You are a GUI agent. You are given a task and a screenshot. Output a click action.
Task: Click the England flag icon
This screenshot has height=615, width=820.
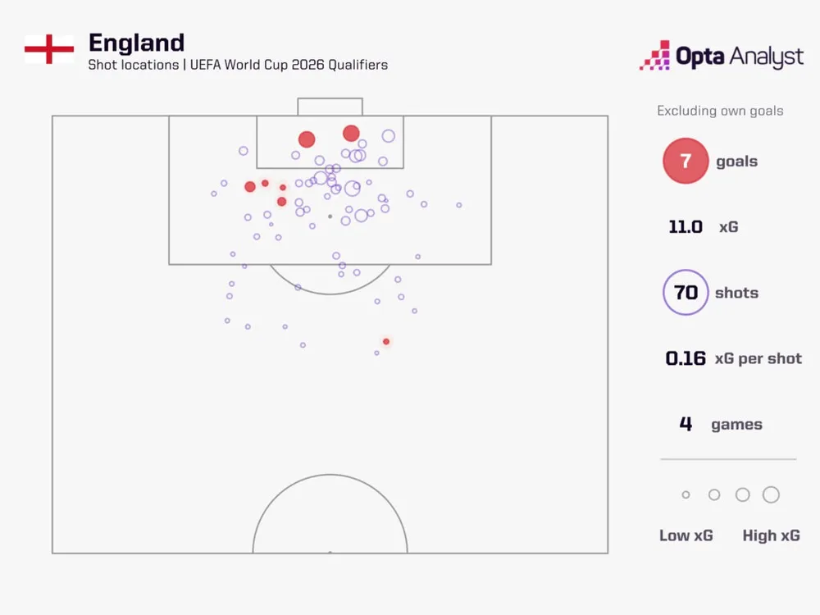pos(49,49)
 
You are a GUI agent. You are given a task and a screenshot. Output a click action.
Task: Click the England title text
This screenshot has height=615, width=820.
pos(136,43)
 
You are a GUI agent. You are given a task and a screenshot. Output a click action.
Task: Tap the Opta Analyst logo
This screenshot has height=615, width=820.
pos(722,56)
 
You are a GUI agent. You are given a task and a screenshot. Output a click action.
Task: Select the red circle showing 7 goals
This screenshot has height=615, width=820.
pos(686,162)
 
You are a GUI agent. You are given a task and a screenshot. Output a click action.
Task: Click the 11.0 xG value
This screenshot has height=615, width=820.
pos(686,227)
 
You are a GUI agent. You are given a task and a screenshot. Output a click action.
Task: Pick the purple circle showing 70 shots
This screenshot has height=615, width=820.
pos(686,293)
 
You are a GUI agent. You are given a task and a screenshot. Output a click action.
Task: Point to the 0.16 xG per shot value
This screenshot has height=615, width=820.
pos(686,358)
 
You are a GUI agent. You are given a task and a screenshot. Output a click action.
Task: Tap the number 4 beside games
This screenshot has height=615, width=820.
pos(686,424)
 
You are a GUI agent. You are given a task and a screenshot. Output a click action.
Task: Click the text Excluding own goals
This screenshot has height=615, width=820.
pos(720,111)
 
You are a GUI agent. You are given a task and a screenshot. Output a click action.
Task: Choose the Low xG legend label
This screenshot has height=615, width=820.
pos(686,535)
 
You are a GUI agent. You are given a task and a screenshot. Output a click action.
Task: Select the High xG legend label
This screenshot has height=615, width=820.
pos(771,535)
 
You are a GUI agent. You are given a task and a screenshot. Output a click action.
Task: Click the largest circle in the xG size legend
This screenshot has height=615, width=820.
pos(771,494)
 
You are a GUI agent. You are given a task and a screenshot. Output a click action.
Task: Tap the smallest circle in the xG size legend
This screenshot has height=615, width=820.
pos(686,495)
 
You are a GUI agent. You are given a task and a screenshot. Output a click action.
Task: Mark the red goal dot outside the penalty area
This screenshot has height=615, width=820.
pos(386,341)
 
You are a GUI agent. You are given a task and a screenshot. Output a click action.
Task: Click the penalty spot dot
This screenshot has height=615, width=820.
pos(330,216)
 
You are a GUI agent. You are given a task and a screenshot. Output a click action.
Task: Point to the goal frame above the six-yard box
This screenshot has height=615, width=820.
pos(330,107)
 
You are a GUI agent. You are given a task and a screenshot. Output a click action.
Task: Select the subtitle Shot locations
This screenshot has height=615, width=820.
pos(131,65)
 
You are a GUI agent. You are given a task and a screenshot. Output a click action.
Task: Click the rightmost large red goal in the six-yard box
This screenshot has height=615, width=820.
pos(351,133)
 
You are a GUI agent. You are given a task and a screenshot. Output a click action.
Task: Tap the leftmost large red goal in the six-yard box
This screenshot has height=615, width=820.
pos(307,139)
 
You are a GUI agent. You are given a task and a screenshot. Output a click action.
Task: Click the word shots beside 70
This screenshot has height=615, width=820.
pos(736,293)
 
